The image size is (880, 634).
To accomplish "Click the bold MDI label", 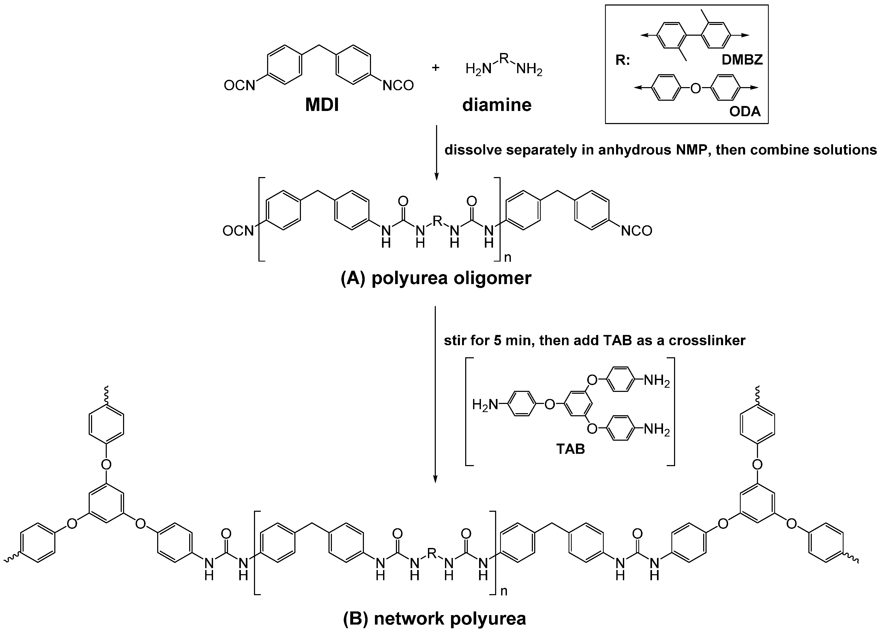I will pos(322,105).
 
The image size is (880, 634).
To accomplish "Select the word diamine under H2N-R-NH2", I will pos(497,105).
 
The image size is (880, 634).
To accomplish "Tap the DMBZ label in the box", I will pos(742,59).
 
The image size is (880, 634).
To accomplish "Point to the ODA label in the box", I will pos(745,112).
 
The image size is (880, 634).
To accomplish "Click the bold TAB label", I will pos(570,449).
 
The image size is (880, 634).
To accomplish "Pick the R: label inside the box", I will pos(623,61).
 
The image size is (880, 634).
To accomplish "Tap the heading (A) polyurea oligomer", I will pos(436,278).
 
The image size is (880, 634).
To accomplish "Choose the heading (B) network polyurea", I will pos(434,619).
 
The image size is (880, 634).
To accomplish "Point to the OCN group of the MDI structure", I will pos(239,85).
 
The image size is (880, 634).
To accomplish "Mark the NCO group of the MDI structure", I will pos(398,85).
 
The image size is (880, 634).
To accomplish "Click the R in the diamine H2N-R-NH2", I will pos(504,58).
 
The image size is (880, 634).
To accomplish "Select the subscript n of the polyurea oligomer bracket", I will pos(507,257).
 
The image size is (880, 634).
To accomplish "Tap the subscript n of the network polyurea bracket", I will pos(504,591).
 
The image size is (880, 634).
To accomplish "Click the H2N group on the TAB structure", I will pos(485,405).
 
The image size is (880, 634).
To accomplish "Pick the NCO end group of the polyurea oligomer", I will pos(636,231).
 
